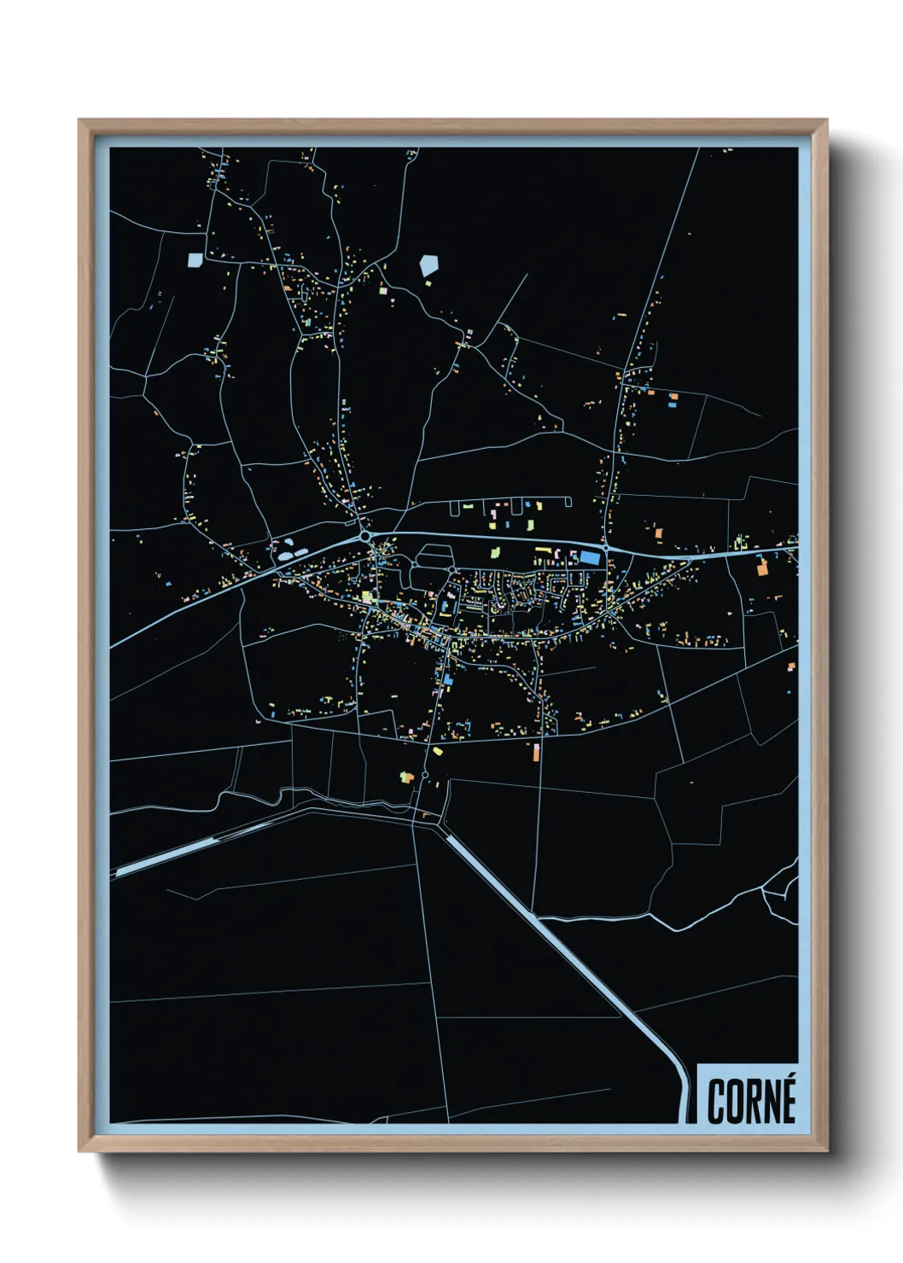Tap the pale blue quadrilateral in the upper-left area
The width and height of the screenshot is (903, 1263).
195,259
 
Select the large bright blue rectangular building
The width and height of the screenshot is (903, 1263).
590,557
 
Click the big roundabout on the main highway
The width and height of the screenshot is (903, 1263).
365,536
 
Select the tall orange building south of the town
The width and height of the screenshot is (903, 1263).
536,752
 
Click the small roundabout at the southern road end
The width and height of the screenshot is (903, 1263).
424,775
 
